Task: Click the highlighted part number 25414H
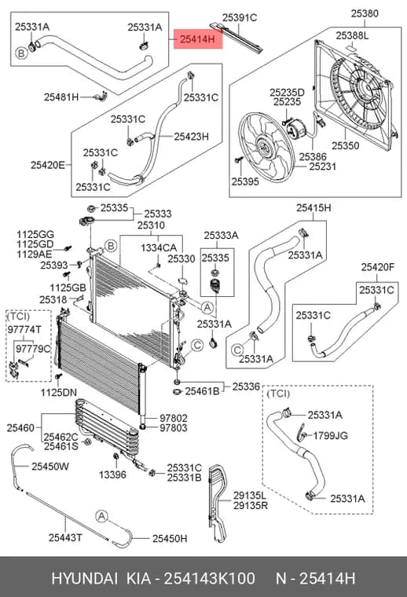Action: pos(197,38)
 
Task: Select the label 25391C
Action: pos(240,17)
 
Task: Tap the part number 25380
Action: pos(365,13)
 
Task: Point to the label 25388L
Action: pos(352,35)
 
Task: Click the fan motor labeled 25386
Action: pos(296,130)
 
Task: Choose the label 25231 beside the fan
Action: pos(322,166)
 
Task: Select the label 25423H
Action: pos(191,137)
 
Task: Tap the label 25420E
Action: pos(48,165)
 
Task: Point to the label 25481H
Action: pos(61,97)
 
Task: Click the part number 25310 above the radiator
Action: pos(151,225)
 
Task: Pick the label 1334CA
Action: pos(159,247)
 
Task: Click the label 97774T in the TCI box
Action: pos(24,330)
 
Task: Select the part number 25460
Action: pos(20,428)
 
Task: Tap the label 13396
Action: pos(112,474)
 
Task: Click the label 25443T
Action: pos(65,537)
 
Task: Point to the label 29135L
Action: pos(250,496)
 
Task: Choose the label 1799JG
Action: pos(330,435)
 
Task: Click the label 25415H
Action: pos(313,208)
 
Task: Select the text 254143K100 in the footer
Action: pos(209,578)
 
